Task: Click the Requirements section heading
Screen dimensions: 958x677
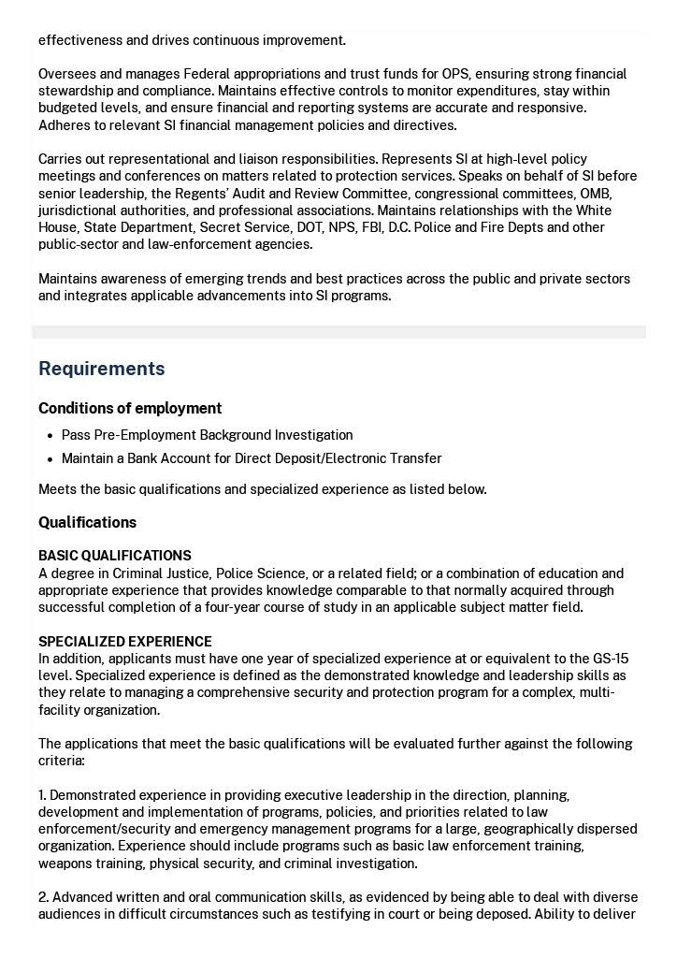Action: click(101, 369)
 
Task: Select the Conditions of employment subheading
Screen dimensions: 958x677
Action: click(130, 408)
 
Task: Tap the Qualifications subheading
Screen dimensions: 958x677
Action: click(87, 522)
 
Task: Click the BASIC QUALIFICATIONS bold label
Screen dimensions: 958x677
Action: click(114, 556)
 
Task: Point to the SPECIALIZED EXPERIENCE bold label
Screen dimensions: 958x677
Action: click(124, 642)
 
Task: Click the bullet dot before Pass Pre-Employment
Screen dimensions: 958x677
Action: click(50, 436)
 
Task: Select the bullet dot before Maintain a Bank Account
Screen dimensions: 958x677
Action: click(50, 459)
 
